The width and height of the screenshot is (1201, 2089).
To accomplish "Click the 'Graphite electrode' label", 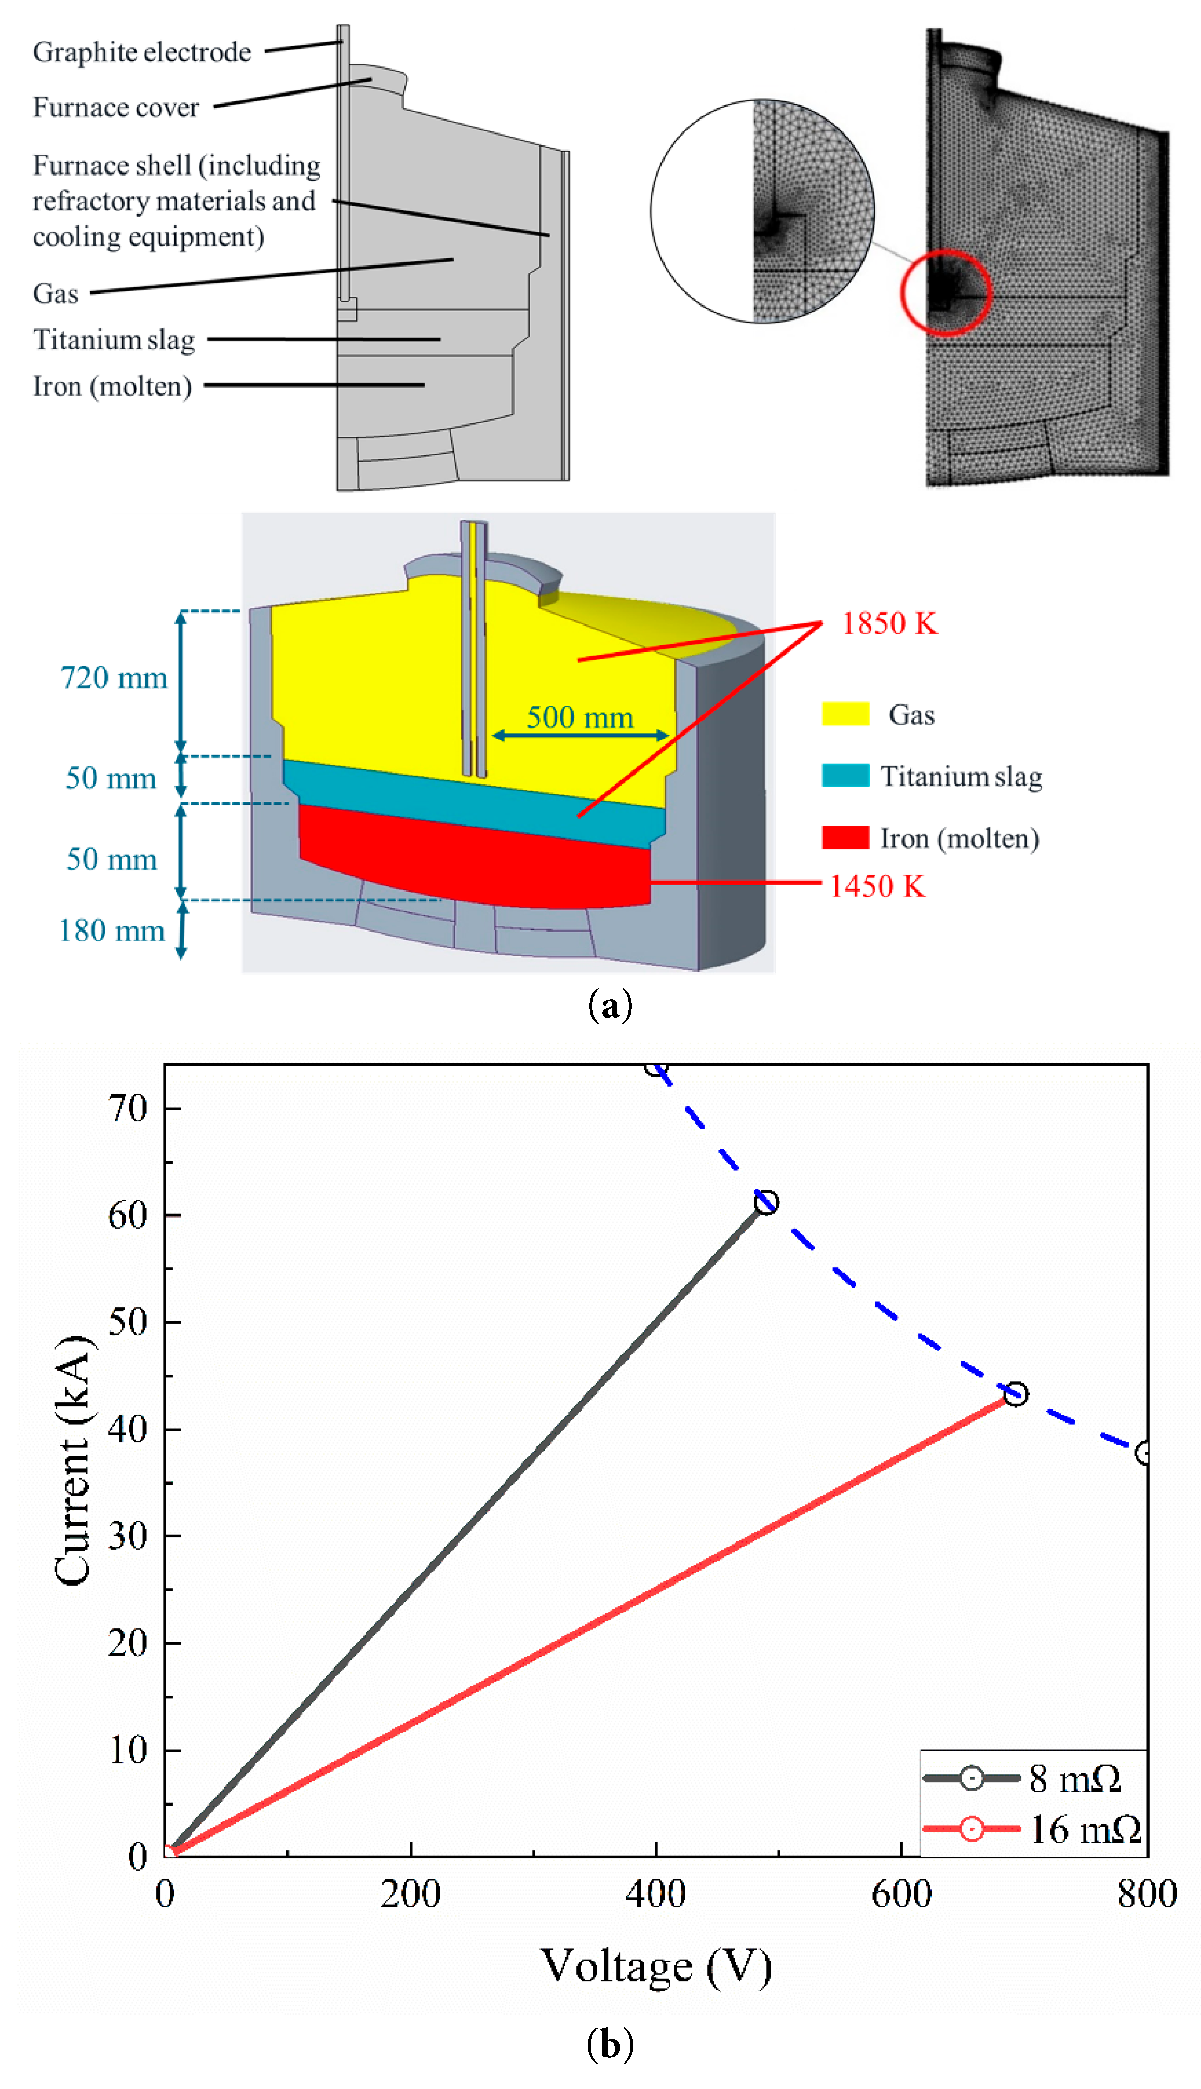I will pos(142,52).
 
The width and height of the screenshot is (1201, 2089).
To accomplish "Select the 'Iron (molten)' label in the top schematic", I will pos(112,386).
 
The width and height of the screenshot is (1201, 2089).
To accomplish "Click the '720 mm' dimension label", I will pos(114,677).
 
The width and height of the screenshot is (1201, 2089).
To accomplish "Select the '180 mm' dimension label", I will pos(112,930).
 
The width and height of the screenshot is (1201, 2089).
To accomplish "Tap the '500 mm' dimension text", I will pos(580,717).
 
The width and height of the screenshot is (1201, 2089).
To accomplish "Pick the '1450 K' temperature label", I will pos(877,886).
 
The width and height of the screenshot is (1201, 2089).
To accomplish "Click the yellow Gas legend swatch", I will pos(845,714).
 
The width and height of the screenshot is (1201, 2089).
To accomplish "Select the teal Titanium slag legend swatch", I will pos(845,776).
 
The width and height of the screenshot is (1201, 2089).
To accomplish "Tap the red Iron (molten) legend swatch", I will pos(845,837).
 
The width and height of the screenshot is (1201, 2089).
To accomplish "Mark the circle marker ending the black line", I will pos(766,1203).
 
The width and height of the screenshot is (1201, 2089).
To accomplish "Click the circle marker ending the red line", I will pos(1016,1394).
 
